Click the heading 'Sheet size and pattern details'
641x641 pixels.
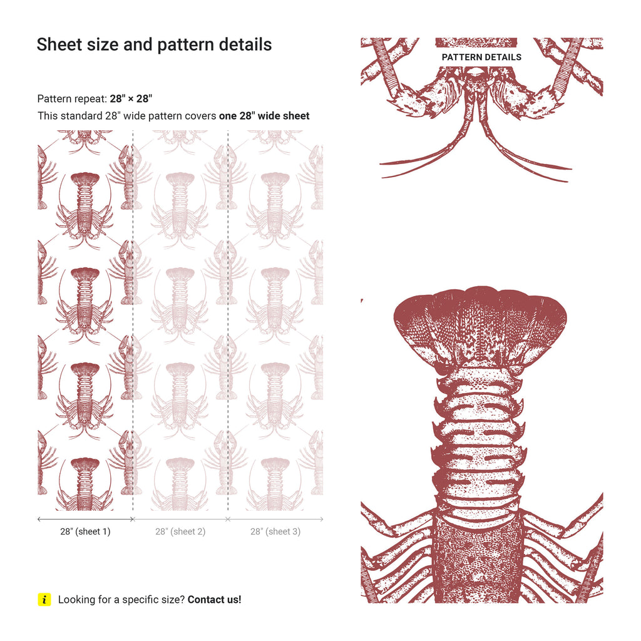click(x=154, y=45)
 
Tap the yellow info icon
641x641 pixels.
click(x=44, y=599)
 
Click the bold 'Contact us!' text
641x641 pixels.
click(x=215, y=599)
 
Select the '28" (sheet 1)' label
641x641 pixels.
click(x=85, y=531)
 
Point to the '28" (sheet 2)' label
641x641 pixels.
click(x=180, y=531)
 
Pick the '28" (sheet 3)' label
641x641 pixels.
click(x=275, y=531)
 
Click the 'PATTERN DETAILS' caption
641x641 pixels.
click(x=481, y=57)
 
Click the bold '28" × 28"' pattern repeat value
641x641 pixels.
click(x=131, y=98)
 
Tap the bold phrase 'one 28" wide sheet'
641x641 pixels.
click(x=264, y=116)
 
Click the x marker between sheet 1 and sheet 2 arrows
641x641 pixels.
click(x=133, y=519)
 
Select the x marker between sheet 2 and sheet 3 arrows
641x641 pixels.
click(x=228, y=519)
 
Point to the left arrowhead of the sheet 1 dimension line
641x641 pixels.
click(x=39, y=519)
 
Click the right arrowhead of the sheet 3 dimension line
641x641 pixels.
click(x=322, y=519)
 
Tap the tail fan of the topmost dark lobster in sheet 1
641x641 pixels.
click(x=85, y=178)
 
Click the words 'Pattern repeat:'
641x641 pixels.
click(x=72, y=98)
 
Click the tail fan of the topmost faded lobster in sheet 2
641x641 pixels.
click(x=180, y=178)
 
